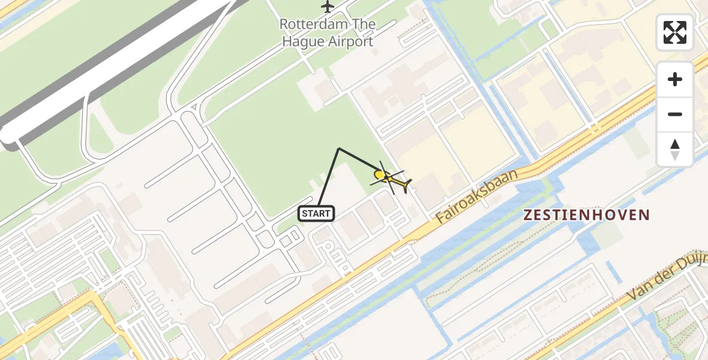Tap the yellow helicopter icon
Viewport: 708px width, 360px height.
click(x=390, y=178)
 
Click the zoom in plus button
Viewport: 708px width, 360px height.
click(x=675, y=79)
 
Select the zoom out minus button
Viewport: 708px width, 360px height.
click(x=675, y=114)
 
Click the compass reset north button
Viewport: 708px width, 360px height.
click(x=675, y=149)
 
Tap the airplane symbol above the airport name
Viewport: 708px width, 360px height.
click(x=327, y=7)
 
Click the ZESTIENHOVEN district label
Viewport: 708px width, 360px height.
click(x=587, y=215)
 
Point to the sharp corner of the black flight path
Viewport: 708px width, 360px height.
click(x=339, y=148)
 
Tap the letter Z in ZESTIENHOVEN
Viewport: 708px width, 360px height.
click(x=528, y=215)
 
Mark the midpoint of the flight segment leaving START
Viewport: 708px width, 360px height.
click(x=328, y=178)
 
